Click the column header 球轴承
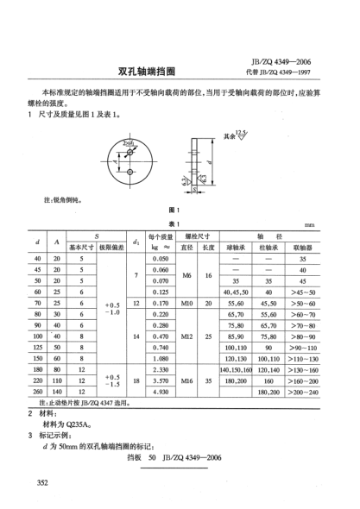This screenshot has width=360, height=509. (236, 246)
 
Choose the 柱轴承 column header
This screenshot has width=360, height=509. (269, 246)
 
